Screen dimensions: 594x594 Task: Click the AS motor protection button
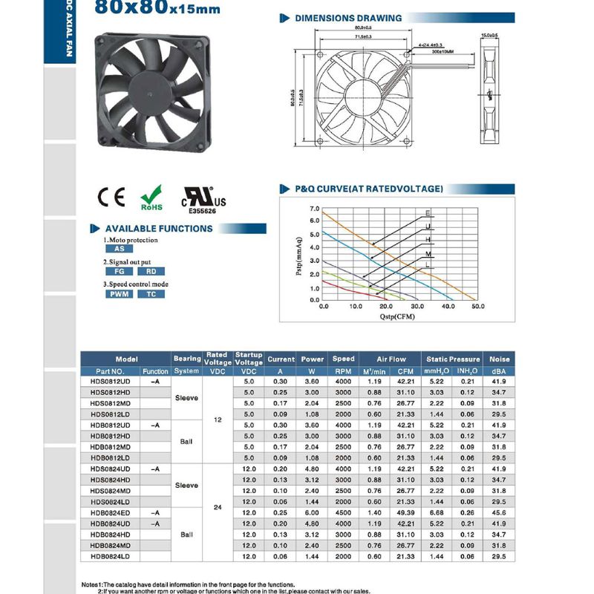(119, 249)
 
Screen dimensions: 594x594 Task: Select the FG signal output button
(119, 271)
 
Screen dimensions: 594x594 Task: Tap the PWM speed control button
(119, 294)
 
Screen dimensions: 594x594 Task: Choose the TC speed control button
(151, 294)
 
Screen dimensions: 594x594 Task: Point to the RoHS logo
(151, 198)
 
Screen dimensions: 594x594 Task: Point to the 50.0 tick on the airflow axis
(477, 305)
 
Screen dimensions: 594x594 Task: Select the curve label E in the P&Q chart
(428, 214)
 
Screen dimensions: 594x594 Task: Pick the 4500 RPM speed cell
(343, 513)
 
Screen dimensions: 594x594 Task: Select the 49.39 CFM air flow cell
(405, 513)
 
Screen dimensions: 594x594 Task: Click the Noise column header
(500, 359)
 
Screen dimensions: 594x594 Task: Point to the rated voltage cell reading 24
(218, 508)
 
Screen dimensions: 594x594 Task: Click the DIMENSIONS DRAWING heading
(348, 18)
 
